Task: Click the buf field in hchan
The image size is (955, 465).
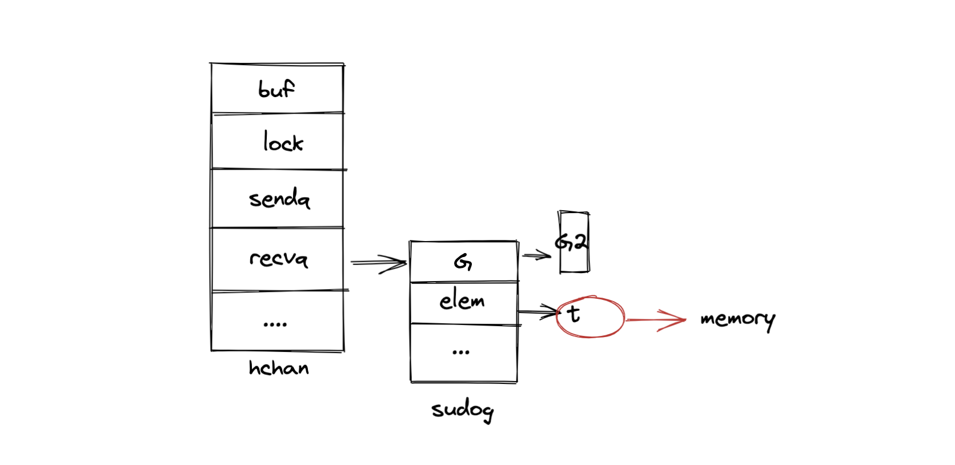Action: pos(277,89)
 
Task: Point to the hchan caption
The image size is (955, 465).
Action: pos(279,368)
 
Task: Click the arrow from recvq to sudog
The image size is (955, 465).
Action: pos(377,263)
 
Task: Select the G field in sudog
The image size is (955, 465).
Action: pos(463,262)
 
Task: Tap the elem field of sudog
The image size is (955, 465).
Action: pos(462,301)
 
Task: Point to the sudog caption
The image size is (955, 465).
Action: pos(462,410)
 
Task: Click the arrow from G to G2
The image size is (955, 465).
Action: pos(536,255)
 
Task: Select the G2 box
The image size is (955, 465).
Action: pos(573,242)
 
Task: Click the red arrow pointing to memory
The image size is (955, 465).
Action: pos(655,320)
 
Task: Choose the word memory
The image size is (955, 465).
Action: pos(737,319)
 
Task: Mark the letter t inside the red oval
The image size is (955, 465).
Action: pos(573,314)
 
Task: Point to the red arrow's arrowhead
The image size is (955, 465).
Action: pos(677,320)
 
